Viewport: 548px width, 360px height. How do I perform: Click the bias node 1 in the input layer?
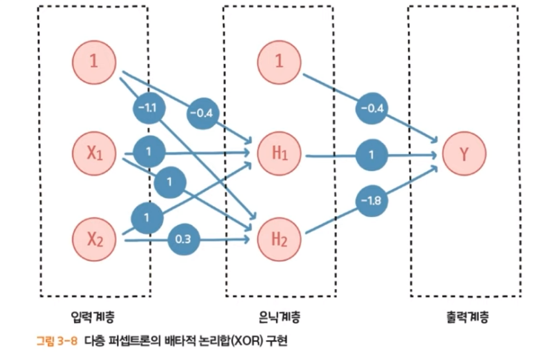[x=94, y=61]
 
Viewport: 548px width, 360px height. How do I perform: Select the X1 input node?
[x=94, y=153]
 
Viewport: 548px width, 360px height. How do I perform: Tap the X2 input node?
[x=94, y=239]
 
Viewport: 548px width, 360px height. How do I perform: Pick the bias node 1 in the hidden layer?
[x=279, y=61]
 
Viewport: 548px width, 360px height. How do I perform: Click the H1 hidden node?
[x=279, y=154]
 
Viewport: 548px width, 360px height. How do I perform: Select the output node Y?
[x=464, y=154]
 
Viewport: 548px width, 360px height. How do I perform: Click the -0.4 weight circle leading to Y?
[x=371, y=109]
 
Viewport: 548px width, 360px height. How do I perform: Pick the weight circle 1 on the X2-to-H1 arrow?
[x=148, y=217]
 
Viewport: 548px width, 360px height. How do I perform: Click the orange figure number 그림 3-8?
[x=56, y=342]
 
